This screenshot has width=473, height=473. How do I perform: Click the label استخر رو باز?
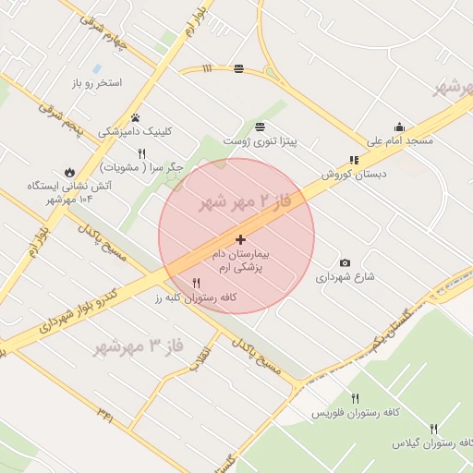[x=96, y=83]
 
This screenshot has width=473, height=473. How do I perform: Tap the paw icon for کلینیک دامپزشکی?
[x=136, y=118]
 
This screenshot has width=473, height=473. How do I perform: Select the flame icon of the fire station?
[x=68, y=172]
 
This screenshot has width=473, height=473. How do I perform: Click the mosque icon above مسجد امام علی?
[x=399, y=127]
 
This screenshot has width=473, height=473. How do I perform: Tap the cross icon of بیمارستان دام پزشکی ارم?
[x=242, y=239]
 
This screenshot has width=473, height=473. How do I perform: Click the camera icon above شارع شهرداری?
[x=346, y=263]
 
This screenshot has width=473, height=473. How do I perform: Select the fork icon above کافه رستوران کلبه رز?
[x=196, y=283]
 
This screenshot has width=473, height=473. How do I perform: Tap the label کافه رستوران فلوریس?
[x=355, y=412]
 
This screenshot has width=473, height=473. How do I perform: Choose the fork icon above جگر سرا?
[x=141, y=153]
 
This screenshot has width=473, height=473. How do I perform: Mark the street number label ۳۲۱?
[x=105, y=416]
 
